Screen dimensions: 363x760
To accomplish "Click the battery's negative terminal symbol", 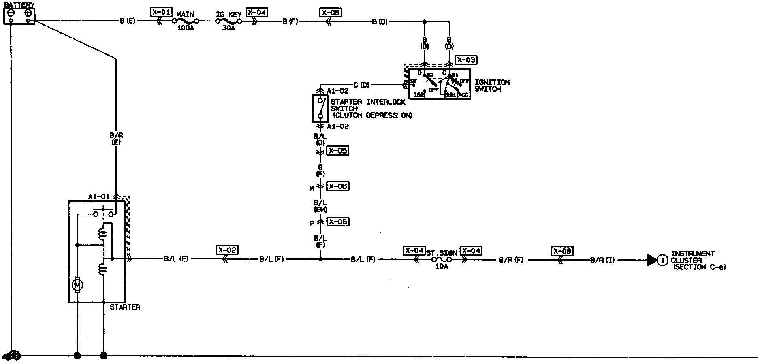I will click(x=11, y=13).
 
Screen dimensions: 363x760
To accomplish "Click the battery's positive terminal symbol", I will click(x=28, y=13).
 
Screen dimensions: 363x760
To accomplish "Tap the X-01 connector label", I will click(x=161, y=12).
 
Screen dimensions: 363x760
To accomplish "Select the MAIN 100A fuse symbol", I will click(x=186, y=21).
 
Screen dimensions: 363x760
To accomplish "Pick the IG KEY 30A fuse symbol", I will click(x=229, y=21).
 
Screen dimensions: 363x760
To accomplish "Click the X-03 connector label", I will click(x=466, y=60).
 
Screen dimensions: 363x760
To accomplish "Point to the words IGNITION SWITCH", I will click(x=492, y=85).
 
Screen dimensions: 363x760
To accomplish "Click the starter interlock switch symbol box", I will click(x=320, y=108).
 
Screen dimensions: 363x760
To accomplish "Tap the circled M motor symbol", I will click(x=77, y=285).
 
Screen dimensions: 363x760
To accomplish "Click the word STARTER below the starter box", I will click(x=125, y=307).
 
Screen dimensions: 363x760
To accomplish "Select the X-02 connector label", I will click(x=227, y=250).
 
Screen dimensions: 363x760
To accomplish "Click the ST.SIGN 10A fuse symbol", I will click(x=441, y=259).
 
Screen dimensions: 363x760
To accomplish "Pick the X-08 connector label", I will click(x=562, y=251).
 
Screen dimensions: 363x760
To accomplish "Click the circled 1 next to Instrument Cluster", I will click(x=662, y=260).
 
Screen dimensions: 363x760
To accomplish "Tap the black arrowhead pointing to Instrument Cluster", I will click(x=651, y=260).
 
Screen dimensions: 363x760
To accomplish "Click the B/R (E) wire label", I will click(x=116, y=139).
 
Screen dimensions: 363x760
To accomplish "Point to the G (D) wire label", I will click(x=361, y=85).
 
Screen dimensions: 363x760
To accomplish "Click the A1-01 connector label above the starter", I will click(x=99, y=196).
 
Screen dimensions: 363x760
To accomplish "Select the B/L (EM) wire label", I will click(x=320, y=206).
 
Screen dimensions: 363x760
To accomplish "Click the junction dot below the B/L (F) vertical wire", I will click(x=320, y=259).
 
